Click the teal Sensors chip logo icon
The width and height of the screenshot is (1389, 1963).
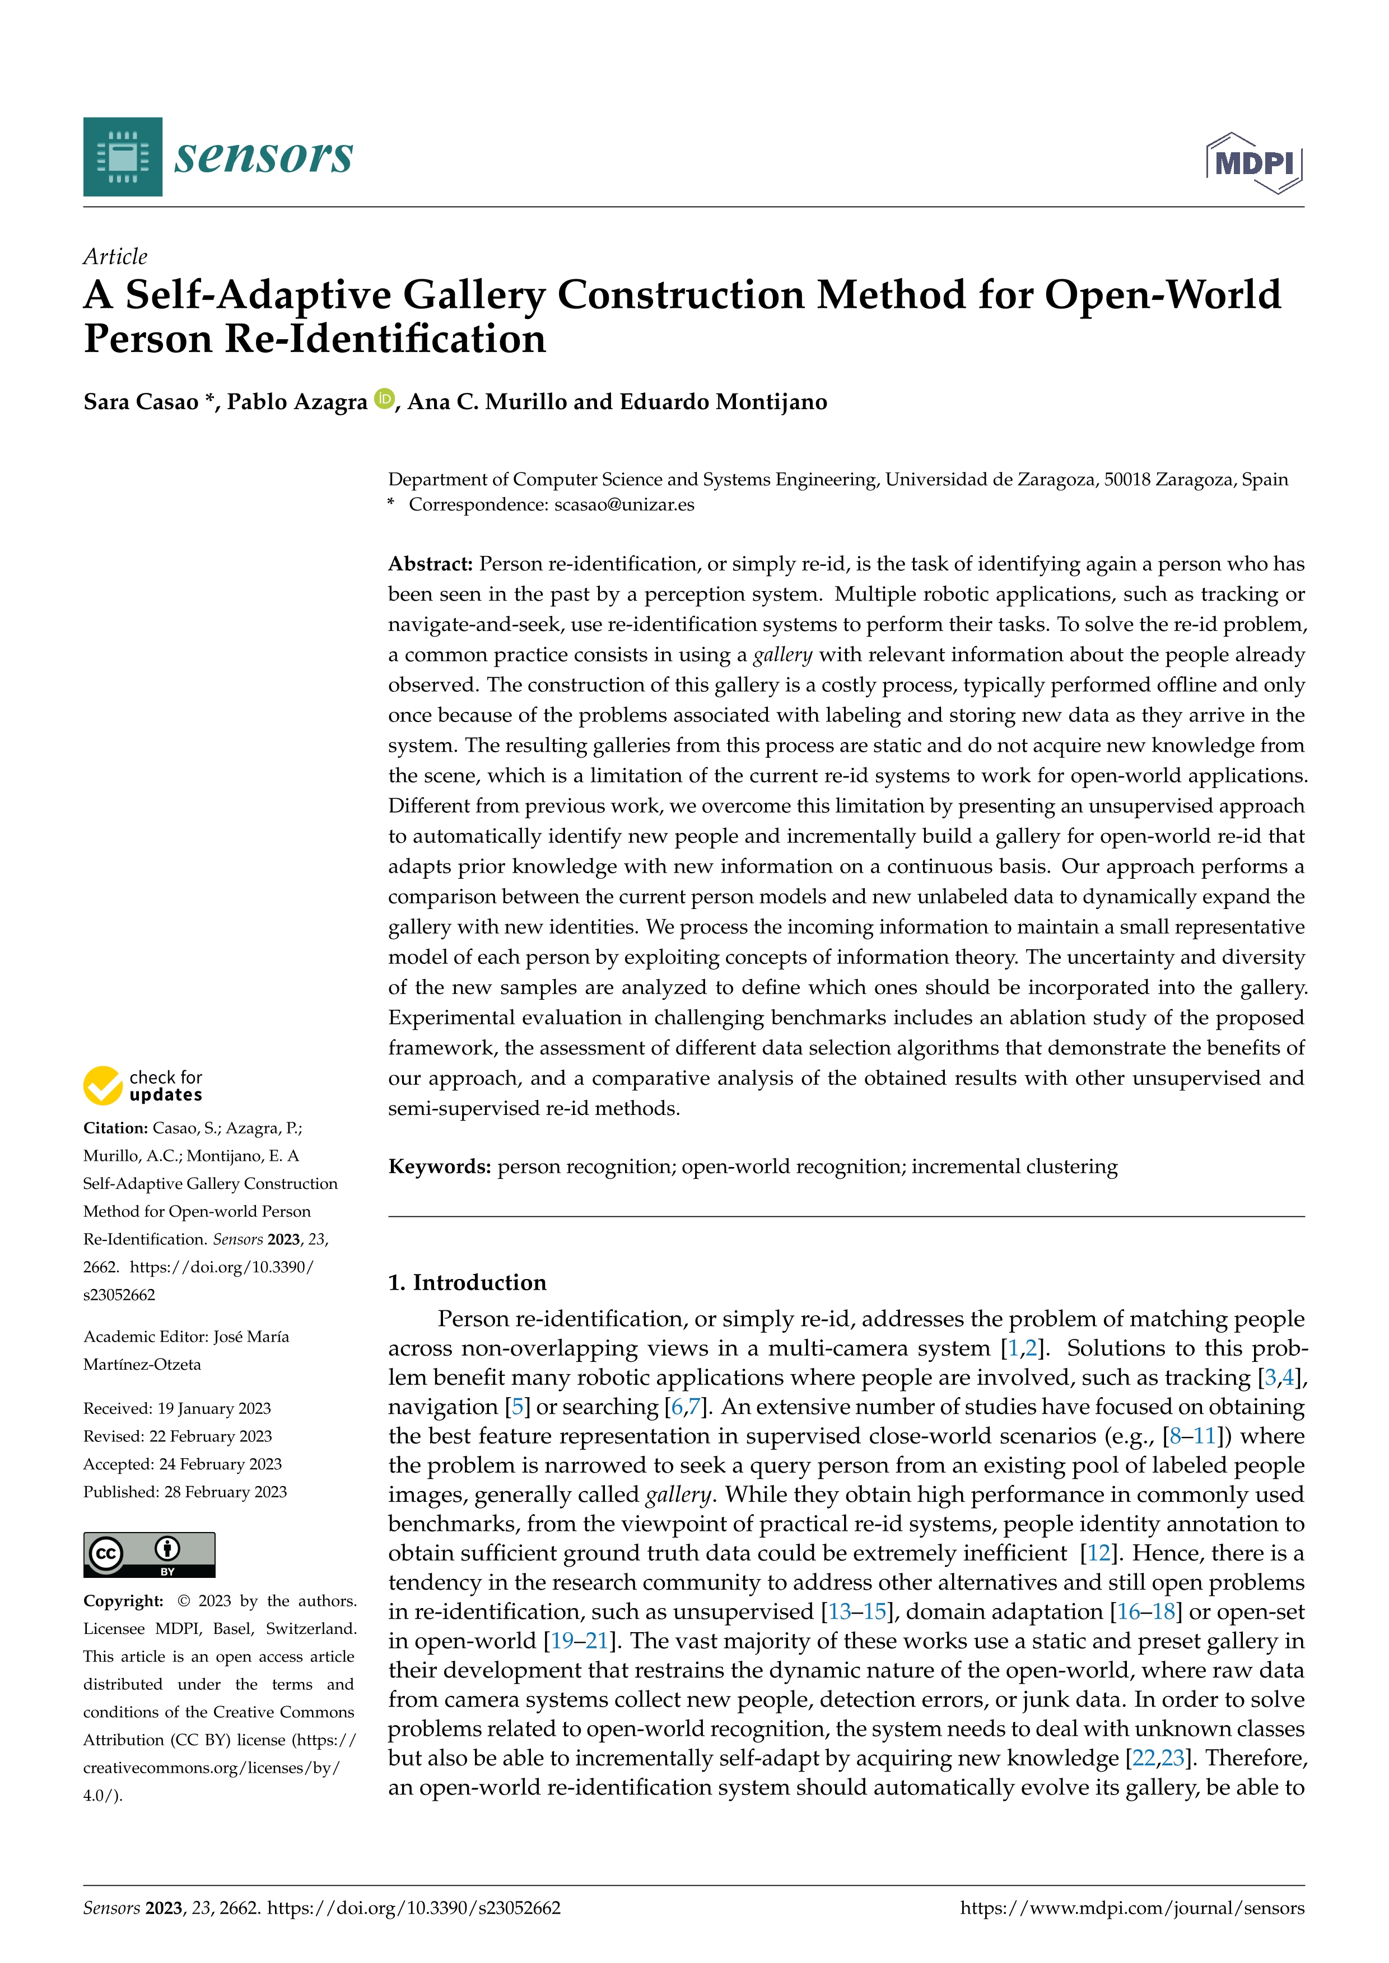click(x=122, y=157)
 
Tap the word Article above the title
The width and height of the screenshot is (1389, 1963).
click(x=115, y=256)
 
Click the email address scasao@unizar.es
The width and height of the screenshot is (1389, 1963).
click(x=624, y=504)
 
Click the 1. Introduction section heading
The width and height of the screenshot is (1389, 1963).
click(x=467, y=1282)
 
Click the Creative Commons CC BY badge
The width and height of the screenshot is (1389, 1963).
click(x=149, y=1554)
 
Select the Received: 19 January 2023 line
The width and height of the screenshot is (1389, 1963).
click(x=177, y=1408)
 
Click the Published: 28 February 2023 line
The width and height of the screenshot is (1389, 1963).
click(x=185, y=1492)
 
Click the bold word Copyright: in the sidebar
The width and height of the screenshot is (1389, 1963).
click(x=123, y=1600)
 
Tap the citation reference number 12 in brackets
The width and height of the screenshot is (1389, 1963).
click(x=1098, y=1553)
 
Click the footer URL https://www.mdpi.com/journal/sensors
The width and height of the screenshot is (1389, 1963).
click(x=1132, y=1908)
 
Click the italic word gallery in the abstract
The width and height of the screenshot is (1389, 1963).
click(x=782, y=655)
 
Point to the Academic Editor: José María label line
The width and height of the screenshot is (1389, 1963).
click(x=185, y=1336)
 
